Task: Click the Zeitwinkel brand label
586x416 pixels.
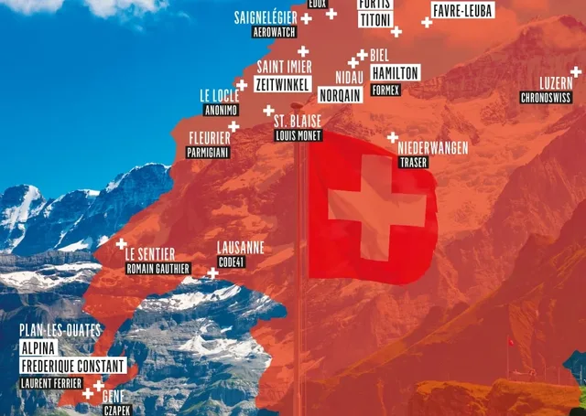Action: pos(283,82)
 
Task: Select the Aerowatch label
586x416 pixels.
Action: pos(276,31)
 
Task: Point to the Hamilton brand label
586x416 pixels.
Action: pos(396,72)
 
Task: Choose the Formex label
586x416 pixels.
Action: pos(386,91)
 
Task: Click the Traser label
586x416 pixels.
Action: pos(414,163)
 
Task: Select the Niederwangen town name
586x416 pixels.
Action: pos(433,147)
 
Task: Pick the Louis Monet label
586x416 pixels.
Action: pos(298,134)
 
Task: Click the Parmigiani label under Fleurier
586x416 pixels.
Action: pos(206,153)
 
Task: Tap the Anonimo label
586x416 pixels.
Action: pos(221,110)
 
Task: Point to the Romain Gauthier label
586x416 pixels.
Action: pos(157,269)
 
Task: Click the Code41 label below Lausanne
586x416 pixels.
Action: pos(233,261)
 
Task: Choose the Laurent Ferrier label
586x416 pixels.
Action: pos(50,383)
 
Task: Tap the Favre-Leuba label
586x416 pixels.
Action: pos(462,11)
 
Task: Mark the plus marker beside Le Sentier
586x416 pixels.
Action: pos(121,243)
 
